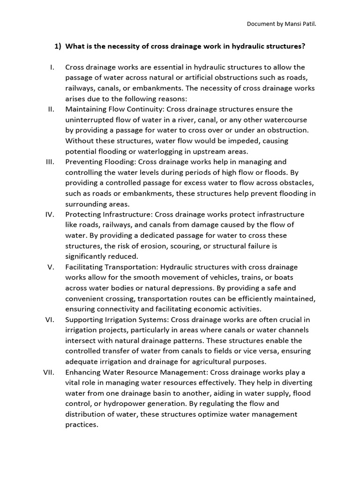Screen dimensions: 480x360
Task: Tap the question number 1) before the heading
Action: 58,46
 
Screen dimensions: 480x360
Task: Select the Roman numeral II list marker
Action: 52,109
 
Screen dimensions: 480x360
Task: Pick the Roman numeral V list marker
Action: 52,267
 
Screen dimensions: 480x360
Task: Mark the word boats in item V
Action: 286,277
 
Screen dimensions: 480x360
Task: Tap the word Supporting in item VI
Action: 84,319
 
